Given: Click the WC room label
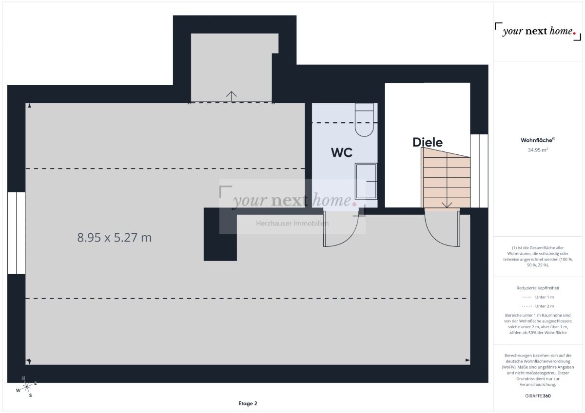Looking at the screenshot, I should pos(341,152).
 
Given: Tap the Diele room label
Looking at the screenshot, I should pos(427,142).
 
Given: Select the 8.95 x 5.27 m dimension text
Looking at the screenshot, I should pos(115,238).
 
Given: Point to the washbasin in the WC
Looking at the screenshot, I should pos(366,181).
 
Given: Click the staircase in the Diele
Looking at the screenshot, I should pos(446,178).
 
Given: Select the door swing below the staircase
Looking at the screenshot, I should pos(441,226).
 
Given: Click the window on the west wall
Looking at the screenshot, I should pos(16,233).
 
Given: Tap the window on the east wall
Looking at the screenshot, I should pos(479,170).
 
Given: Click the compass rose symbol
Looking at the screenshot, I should pos(26,386).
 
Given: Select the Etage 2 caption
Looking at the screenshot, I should pos(248,403).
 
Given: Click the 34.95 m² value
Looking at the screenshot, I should pos(538,150).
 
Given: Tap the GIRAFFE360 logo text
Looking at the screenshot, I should pos(538,395).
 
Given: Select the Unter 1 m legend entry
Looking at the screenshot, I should pos(538,297).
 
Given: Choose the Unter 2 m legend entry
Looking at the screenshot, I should pos(538,306).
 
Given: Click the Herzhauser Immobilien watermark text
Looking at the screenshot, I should pos(292,224).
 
